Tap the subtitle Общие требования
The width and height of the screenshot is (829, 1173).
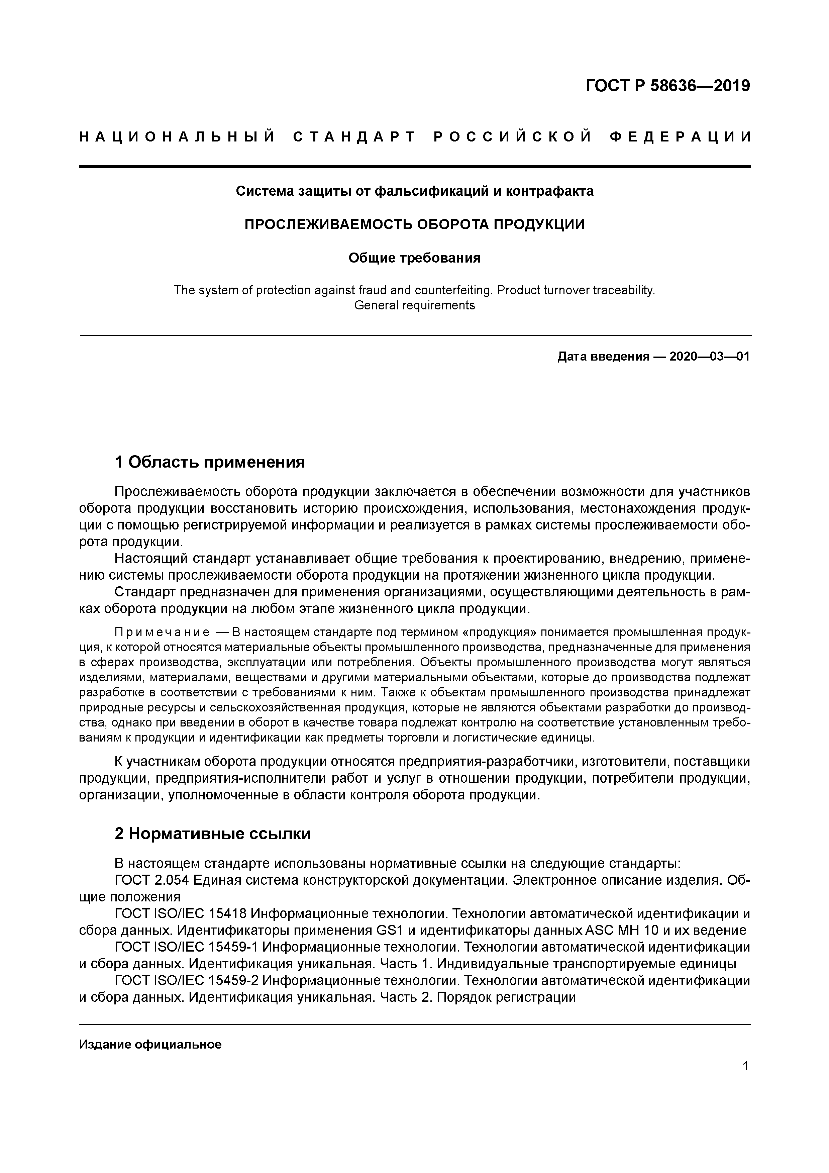tap(414, 258)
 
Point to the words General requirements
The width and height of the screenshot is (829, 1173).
tap(414, 305)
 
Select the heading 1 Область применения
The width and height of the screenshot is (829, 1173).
tap(209, 462)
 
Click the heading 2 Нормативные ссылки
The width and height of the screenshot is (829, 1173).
tap(212, 834)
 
